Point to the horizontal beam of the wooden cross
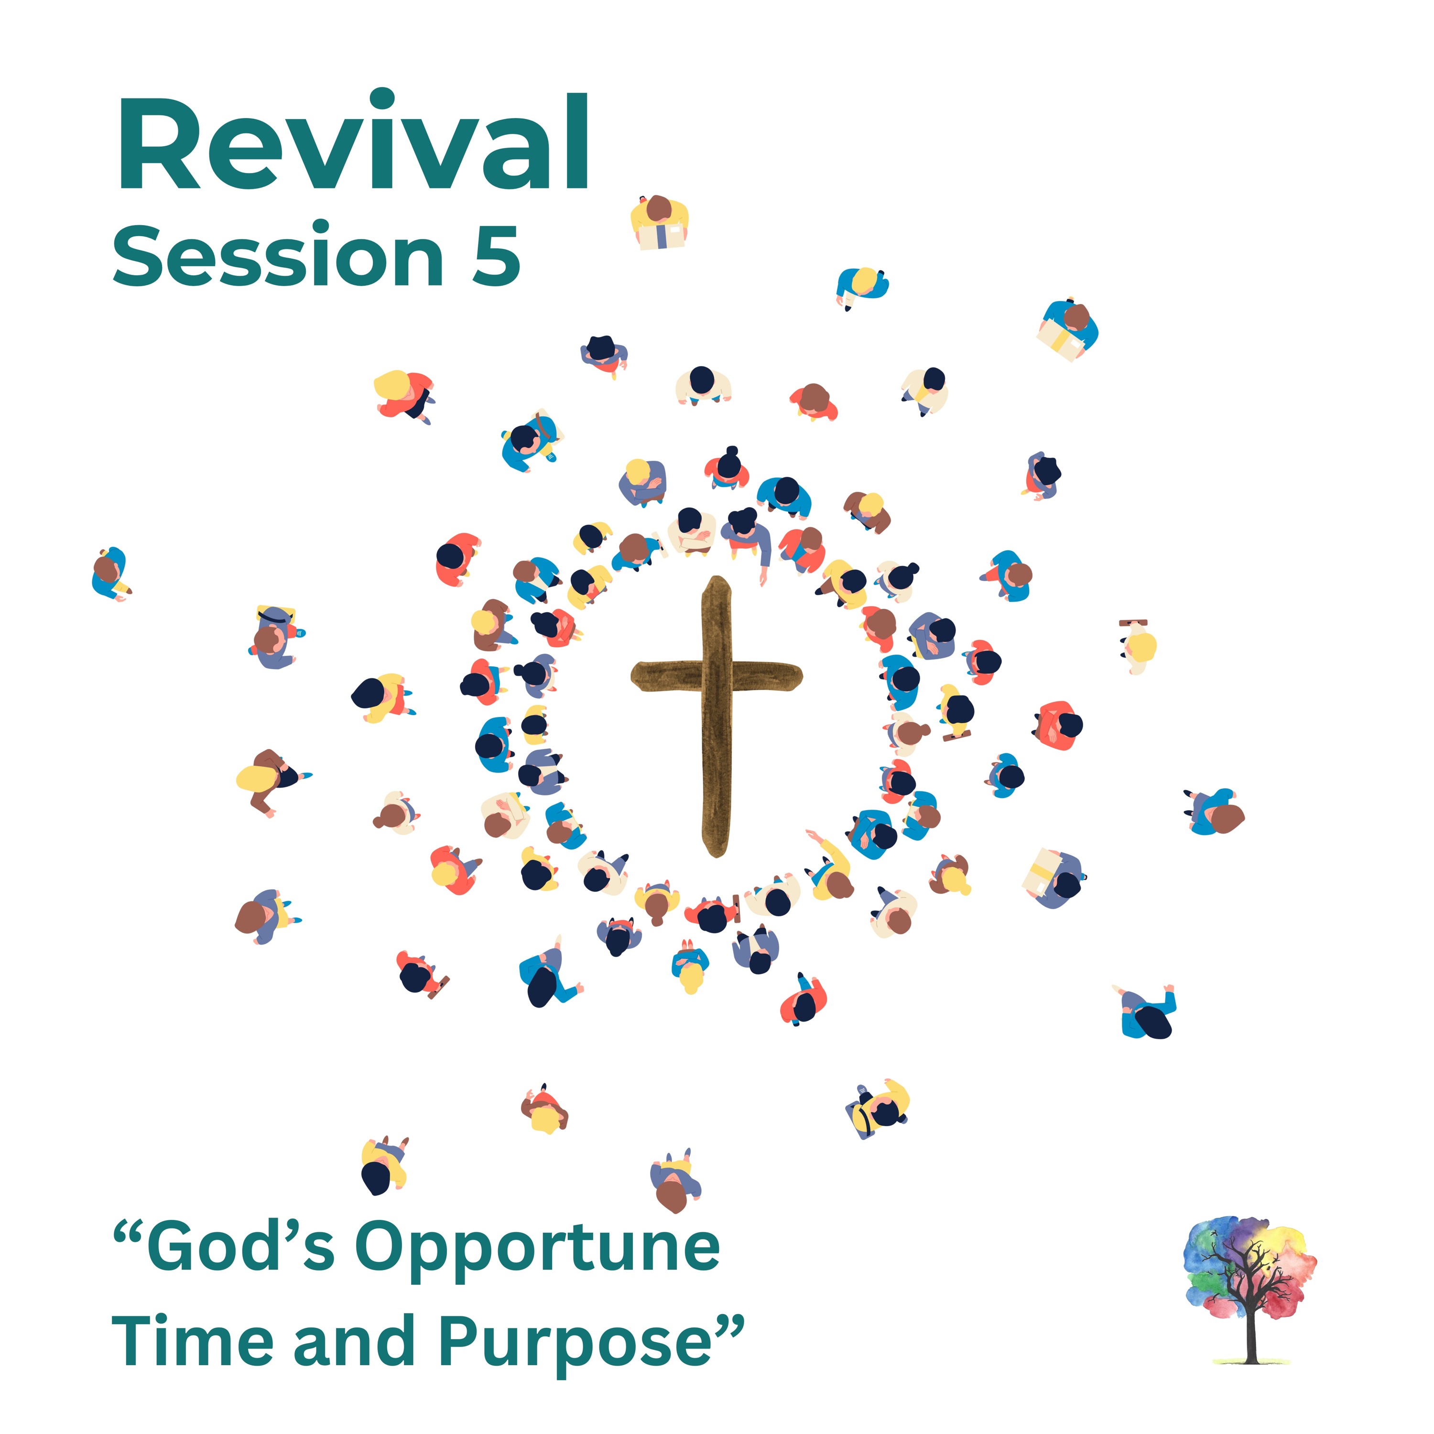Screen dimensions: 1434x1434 tap(716, 676)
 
